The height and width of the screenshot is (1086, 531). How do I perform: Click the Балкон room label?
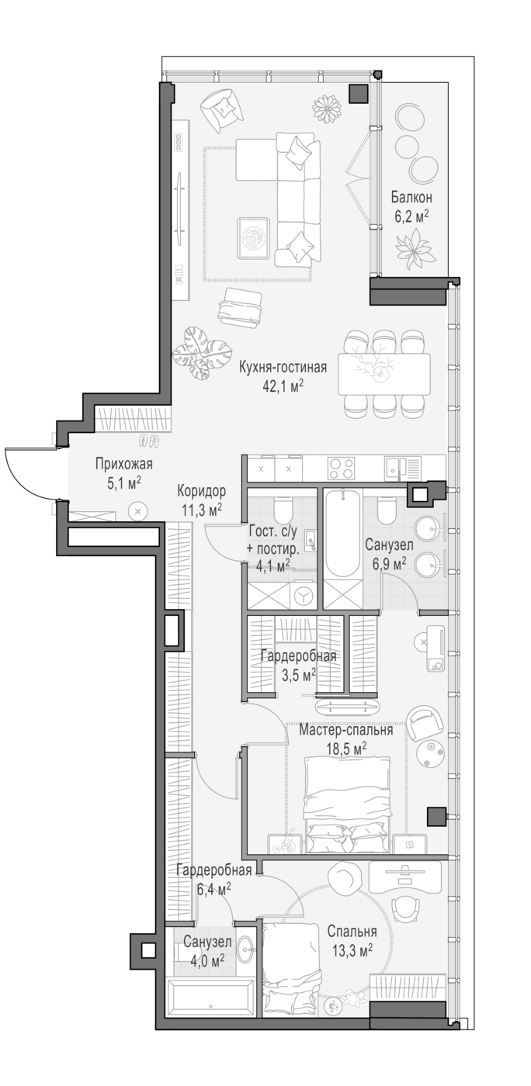(x=411, y=198)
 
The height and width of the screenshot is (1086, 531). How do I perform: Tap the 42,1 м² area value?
(x=283, y=385)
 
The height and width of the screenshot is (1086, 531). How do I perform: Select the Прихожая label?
(x=123, y=465)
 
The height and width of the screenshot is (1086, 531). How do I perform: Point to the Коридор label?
(x=201, y=491)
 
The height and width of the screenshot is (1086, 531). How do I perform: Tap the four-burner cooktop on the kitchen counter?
(x=341, y=469)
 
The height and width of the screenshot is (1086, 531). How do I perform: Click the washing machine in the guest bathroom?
(x=304, y=595)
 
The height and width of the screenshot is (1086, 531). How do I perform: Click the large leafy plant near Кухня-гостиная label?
(x=202, y=352)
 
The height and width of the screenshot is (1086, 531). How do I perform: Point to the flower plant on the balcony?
(x=414, y=247)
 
